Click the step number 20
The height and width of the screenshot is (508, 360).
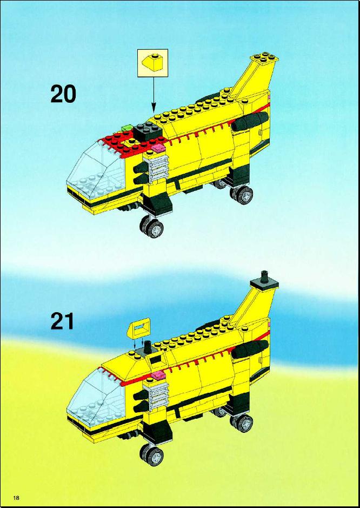pyautogui.click(x=63, y=94)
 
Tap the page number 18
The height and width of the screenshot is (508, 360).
pyautogui.click(x=16, y=497)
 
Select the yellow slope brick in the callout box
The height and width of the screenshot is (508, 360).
pyautogui.click(x=153, y=63)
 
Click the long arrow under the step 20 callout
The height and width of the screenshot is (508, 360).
pyautogui.click(x=154, y=95)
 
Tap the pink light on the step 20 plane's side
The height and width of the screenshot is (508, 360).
pyautogui.click(x=158, y=148)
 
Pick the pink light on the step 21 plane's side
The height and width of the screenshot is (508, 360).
pyautogui.click(x=158, y=375)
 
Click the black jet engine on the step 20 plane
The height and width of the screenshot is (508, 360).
pyautogui.click(x=249, y=122)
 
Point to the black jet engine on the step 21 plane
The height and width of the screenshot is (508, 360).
pyautogui.click(x=249, y=349)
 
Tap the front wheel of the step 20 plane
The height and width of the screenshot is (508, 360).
pyautogui.click(x=151, y=227)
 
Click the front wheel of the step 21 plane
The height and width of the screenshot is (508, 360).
pyautogui.click(x=151, y=454)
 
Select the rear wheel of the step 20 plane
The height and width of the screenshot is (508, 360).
pyautogui.click(x=242, y=194)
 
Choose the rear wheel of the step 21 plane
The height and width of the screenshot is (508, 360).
pyautogui.click(x=242, y=421)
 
